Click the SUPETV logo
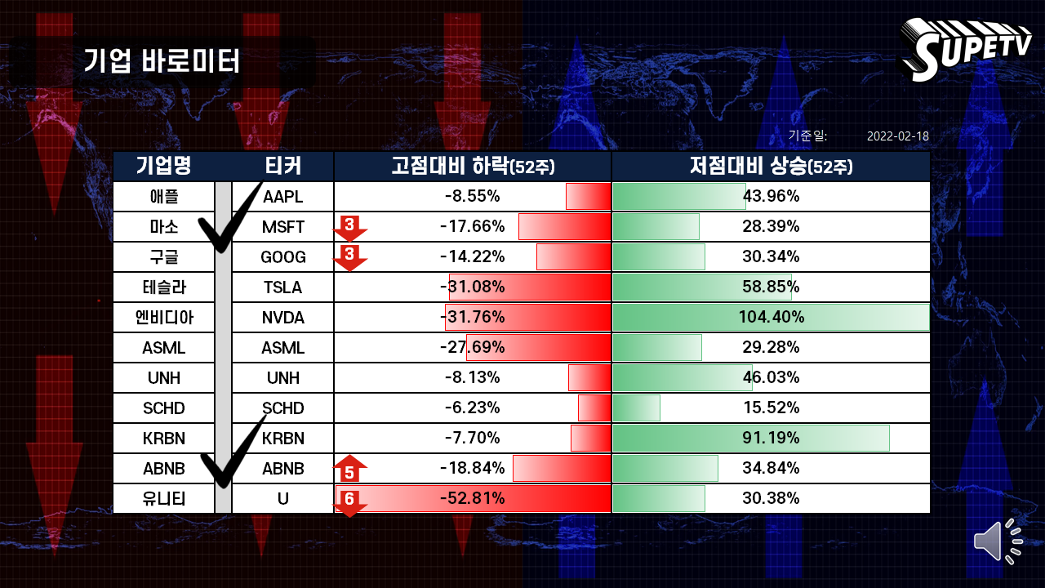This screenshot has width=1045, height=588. pos(966,49)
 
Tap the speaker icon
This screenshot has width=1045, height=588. pos(998,541)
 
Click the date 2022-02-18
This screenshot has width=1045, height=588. pos(897,136)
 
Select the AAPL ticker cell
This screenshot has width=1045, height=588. pos(282,197)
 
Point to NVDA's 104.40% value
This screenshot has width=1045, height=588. pos(772,318)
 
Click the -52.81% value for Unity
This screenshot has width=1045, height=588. pos(472,498)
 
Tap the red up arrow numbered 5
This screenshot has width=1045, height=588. pos(349,469)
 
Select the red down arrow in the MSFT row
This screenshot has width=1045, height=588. pos(349,228)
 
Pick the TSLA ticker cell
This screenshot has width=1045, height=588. pos(282,287)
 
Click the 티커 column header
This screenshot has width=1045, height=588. pos(282,166)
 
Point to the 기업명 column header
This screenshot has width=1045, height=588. pos(164,166)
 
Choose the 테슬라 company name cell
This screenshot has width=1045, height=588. pos(164,287)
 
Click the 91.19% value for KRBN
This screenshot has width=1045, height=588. pos(771,438)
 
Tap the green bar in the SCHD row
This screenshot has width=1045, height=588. pos(636,408)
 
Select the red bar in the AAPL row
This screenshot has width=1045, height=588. pos(589,197)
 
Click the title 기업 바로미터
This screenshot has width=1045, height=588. pos(162,60)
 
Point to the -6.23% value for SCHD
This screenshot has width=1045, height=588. pos(472,408)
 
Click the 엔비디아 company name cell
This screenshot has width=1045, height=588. pos(164,318)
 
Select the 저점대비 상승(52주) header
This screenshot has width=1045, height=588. pos(772,166)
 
